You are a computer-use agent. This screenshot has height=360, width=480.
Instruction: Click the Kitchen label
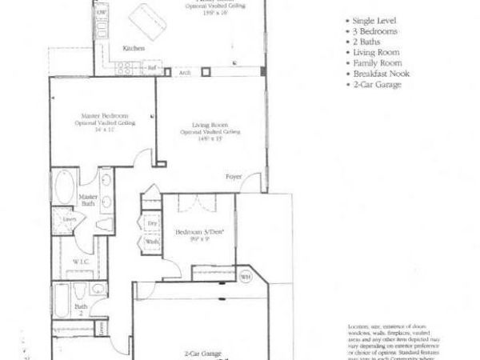pos(133,49)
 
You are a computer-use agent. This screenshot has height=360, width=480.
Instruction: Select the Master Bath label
pos(87,200)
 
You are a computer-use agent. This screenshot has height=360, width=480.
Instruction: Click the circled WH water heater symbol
pos(246,278)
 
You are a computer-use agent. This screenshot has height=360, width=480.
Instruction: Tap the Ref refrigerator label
pos(151,70)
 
